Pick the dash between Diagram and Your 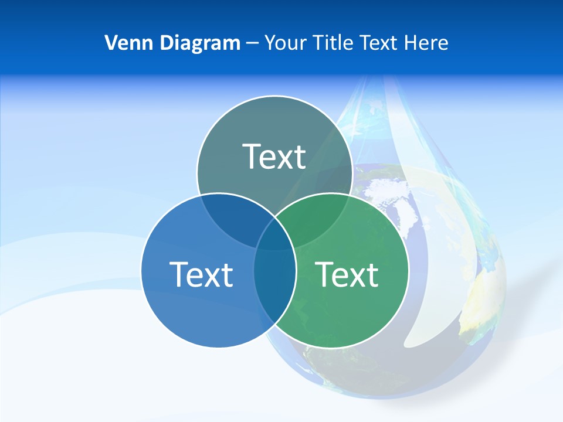(x=253, y=43)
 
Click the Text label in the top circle (x=274, y=156)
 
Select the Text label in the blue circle (x=201, y=274)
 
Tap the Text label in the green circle (x=347, y=274)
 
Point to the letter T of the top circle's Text (x=253, y=156)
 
